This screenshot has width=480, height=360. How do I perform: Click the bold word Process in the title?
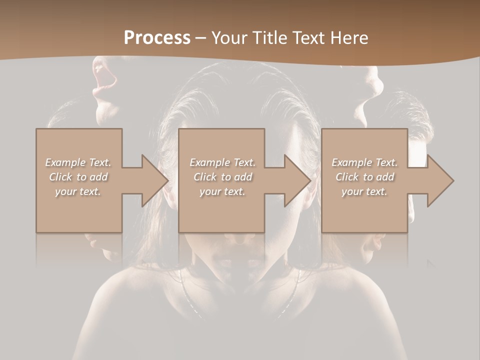point(157,38)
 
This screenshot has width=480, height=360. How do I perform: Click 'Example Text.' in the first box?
point(78,162)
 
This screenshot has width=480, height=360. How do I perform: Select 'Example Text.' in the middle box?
point(222,162)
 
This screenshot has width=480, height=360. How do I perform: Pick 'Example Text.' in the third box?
point(364,162)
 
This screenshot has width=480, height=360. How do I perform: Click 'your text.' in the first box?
point(78,191)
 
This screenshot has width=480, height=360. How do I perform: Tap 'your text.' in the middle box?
point(222,191)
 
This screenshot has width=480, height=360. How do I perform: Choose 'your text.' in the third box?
point(364,191)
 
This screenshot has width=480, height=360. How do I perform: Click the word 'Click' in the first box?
point(60,177)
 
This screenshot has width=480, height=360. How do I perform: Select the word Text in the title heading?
point(309,38)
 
